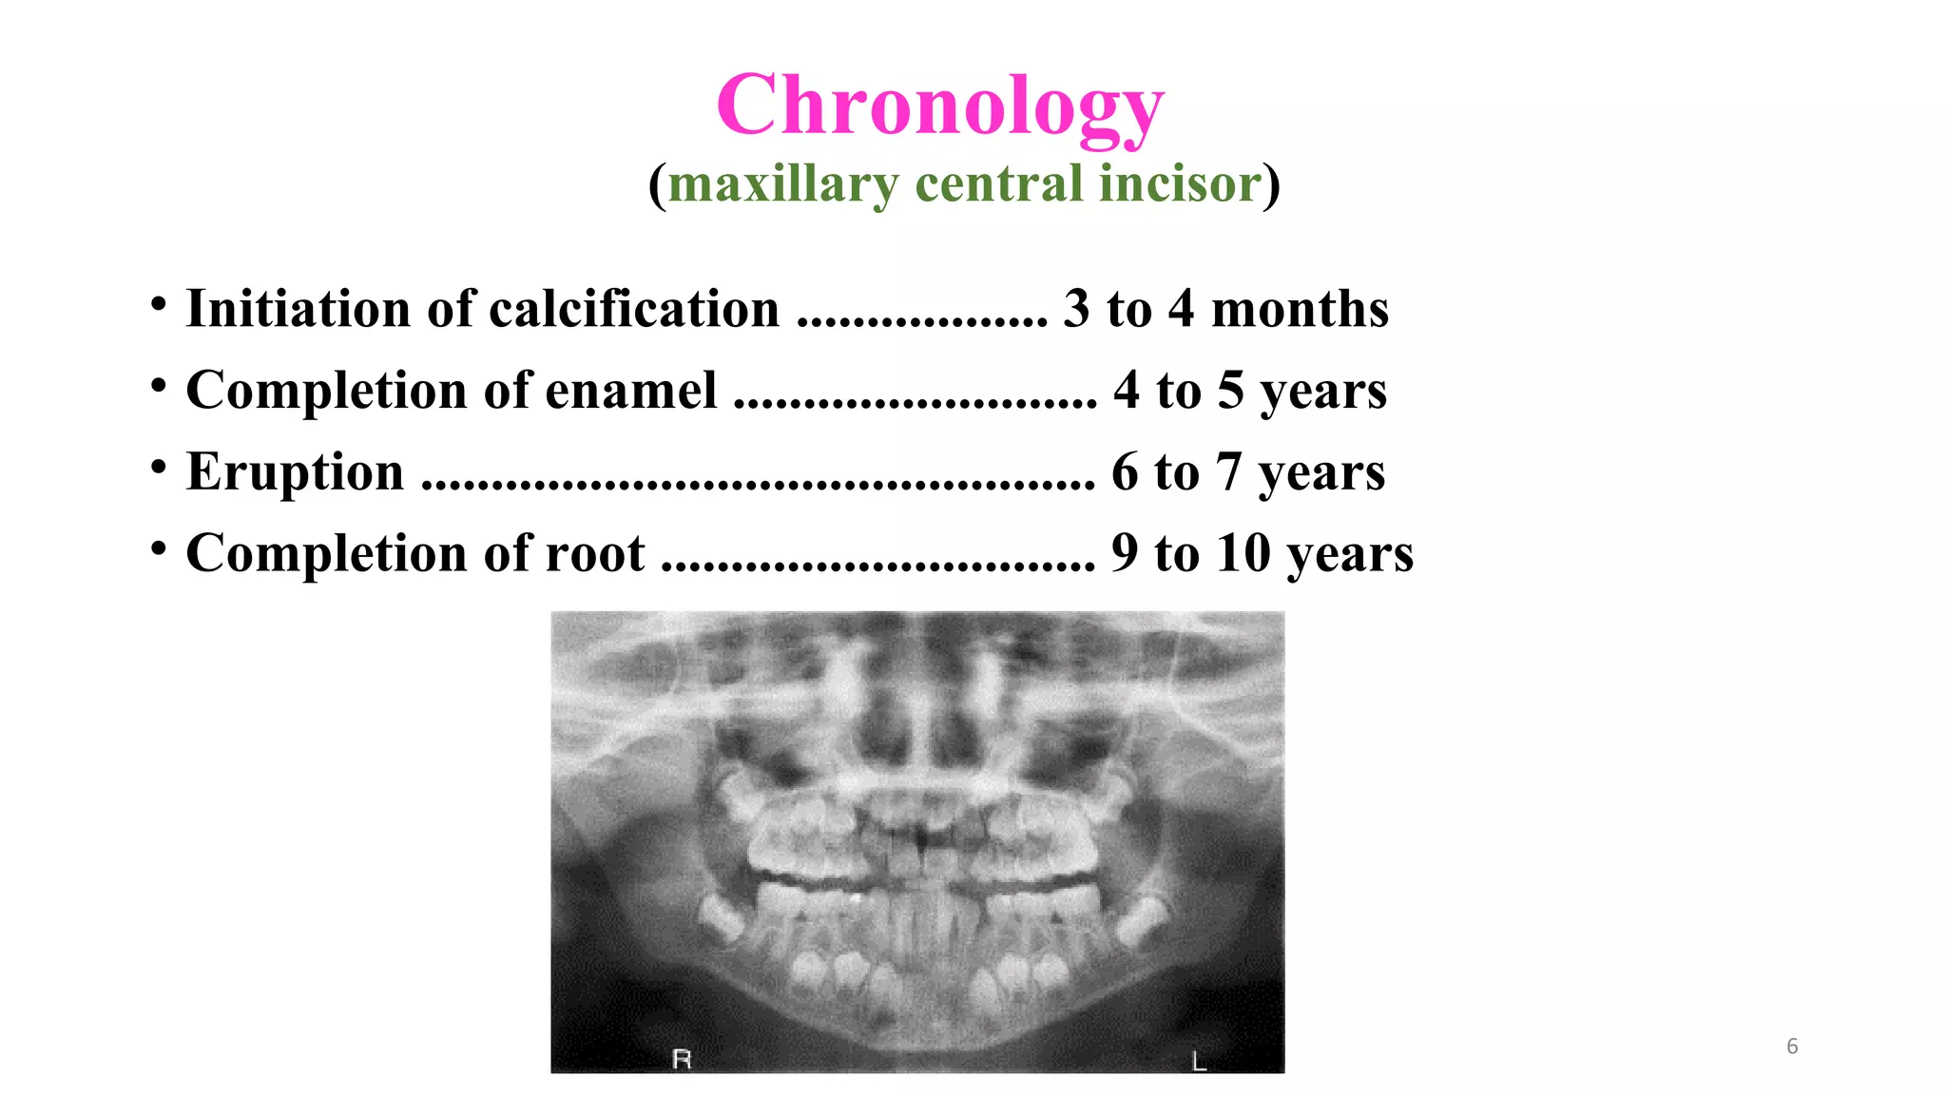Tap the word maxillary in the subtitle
pyautogui.click(x=783, y=183)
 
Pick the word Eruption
pyautogui.click(x=295, y=471)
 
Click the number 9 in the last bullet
pyautogui.click(x=1125, y=552)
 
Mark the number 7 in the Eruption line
pyautogui.click(x=1229, y=471)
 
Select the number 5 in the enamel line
pyautogui.click(x=1231, y=390)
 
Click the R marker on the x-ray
pyautogui.click(x=682, y=1059)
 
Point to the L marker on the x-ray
pyautogui.click(x=1199, y=1061)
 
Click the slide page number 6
pyautogui.click(x=1792, y=1047)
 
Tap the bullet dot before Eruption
pyautogui.click(x=159, y=467)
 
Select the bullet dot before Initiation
pyautogui.click(x=159, y=304)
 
